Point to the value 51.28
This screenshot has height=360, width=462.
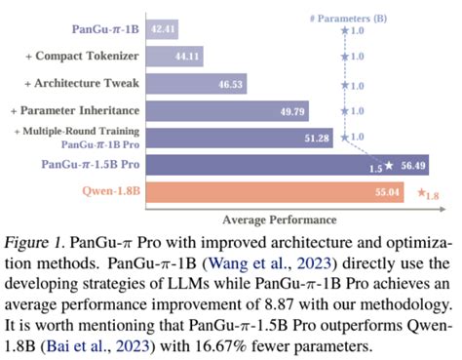pyautogui.click(x=316, y=138)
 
